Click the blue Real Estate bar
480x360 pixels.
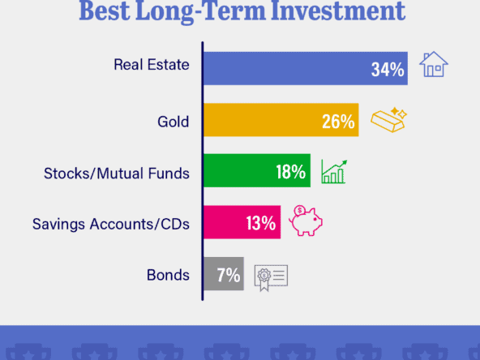[x=306, y=68]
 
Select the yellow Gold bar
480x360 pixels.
[x=281, y=120]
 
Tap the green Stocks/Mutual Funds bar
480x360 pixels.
[x=257, y=170]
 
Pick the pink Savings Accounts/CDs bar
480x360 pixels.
[x=242, y=222]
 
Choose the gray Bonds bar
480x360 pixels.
[x=224, y=274]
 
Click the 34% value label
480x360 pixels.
[x=388, y=70]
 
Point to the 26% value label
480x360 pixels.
[x=338, y=122]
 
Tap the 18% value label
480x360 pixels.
[x=291, y=172]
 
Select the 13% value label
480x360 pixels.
[x=261, y=223]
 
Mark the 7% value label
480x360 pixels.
[x=229, y=275]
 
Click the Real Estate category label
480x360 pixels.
[x=152, y=65]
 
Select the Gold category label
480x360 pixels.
[x=174, y=122]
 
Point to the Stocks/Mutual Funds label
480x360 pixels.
[x=117, y=174]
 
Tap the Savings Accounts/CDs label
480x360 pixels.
[x=111, y=224]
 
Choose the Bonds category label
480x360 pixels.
[x=168, y=275]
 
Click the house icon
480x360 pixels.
[x=434, y=64]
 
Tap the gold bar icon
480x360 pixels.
[x=388, y=120]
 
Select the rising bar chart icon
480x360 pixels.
[x=334, y=172]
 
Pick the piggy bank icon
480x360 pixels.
[x=306, y=221]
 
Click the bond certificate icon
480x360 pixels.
[x=271, y=278]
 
